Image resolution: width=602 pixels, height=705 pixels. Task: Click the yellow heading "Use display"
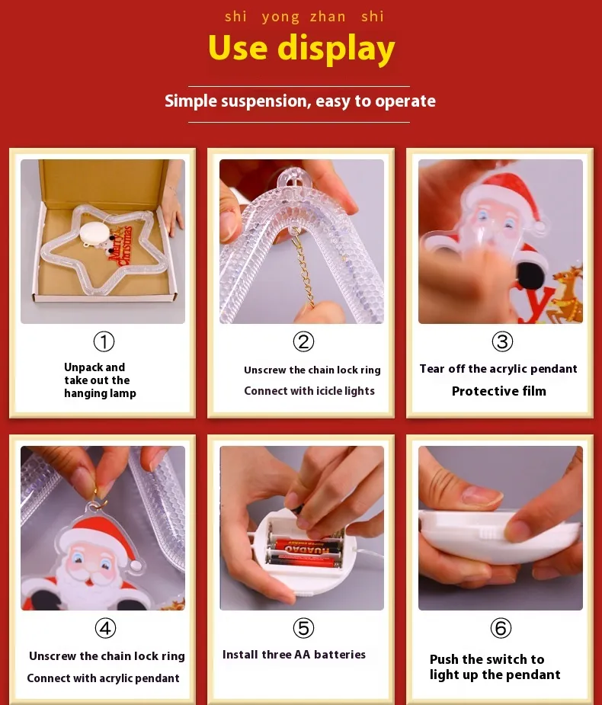coord(301,49)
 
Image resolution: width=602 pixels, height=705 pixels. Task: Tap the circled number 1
coord(104,341)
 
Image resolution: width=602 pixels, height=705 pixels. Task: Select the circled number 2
coord(303,341)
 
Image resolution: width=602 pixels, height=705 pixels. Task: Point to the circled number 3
coord(502,341)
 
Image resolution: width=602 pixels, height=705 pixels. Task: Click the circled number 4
coord(106,628)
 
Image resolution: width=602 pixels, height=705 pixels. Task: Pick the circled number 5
coord(303,628)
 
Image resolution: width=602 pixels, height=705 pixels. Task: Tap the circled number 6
coord(501,628)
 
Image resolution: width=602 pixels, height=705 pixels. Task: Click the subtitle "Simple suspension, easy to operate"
coord(300,101)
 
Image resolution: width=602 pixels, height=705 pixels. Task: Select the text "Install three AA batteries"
coord(294,655)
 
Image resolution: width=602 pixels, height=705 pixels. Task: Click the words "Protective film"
coord(499,391)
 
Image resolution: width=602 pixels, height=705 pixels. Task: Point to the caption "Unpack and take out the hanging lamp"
coord(100,380)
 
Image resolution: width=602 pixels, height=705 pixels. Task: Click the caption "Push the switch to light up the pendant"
coord(495,667)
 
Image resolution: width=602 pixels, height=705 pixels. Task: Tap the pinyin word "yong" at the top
coord(280,17)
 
